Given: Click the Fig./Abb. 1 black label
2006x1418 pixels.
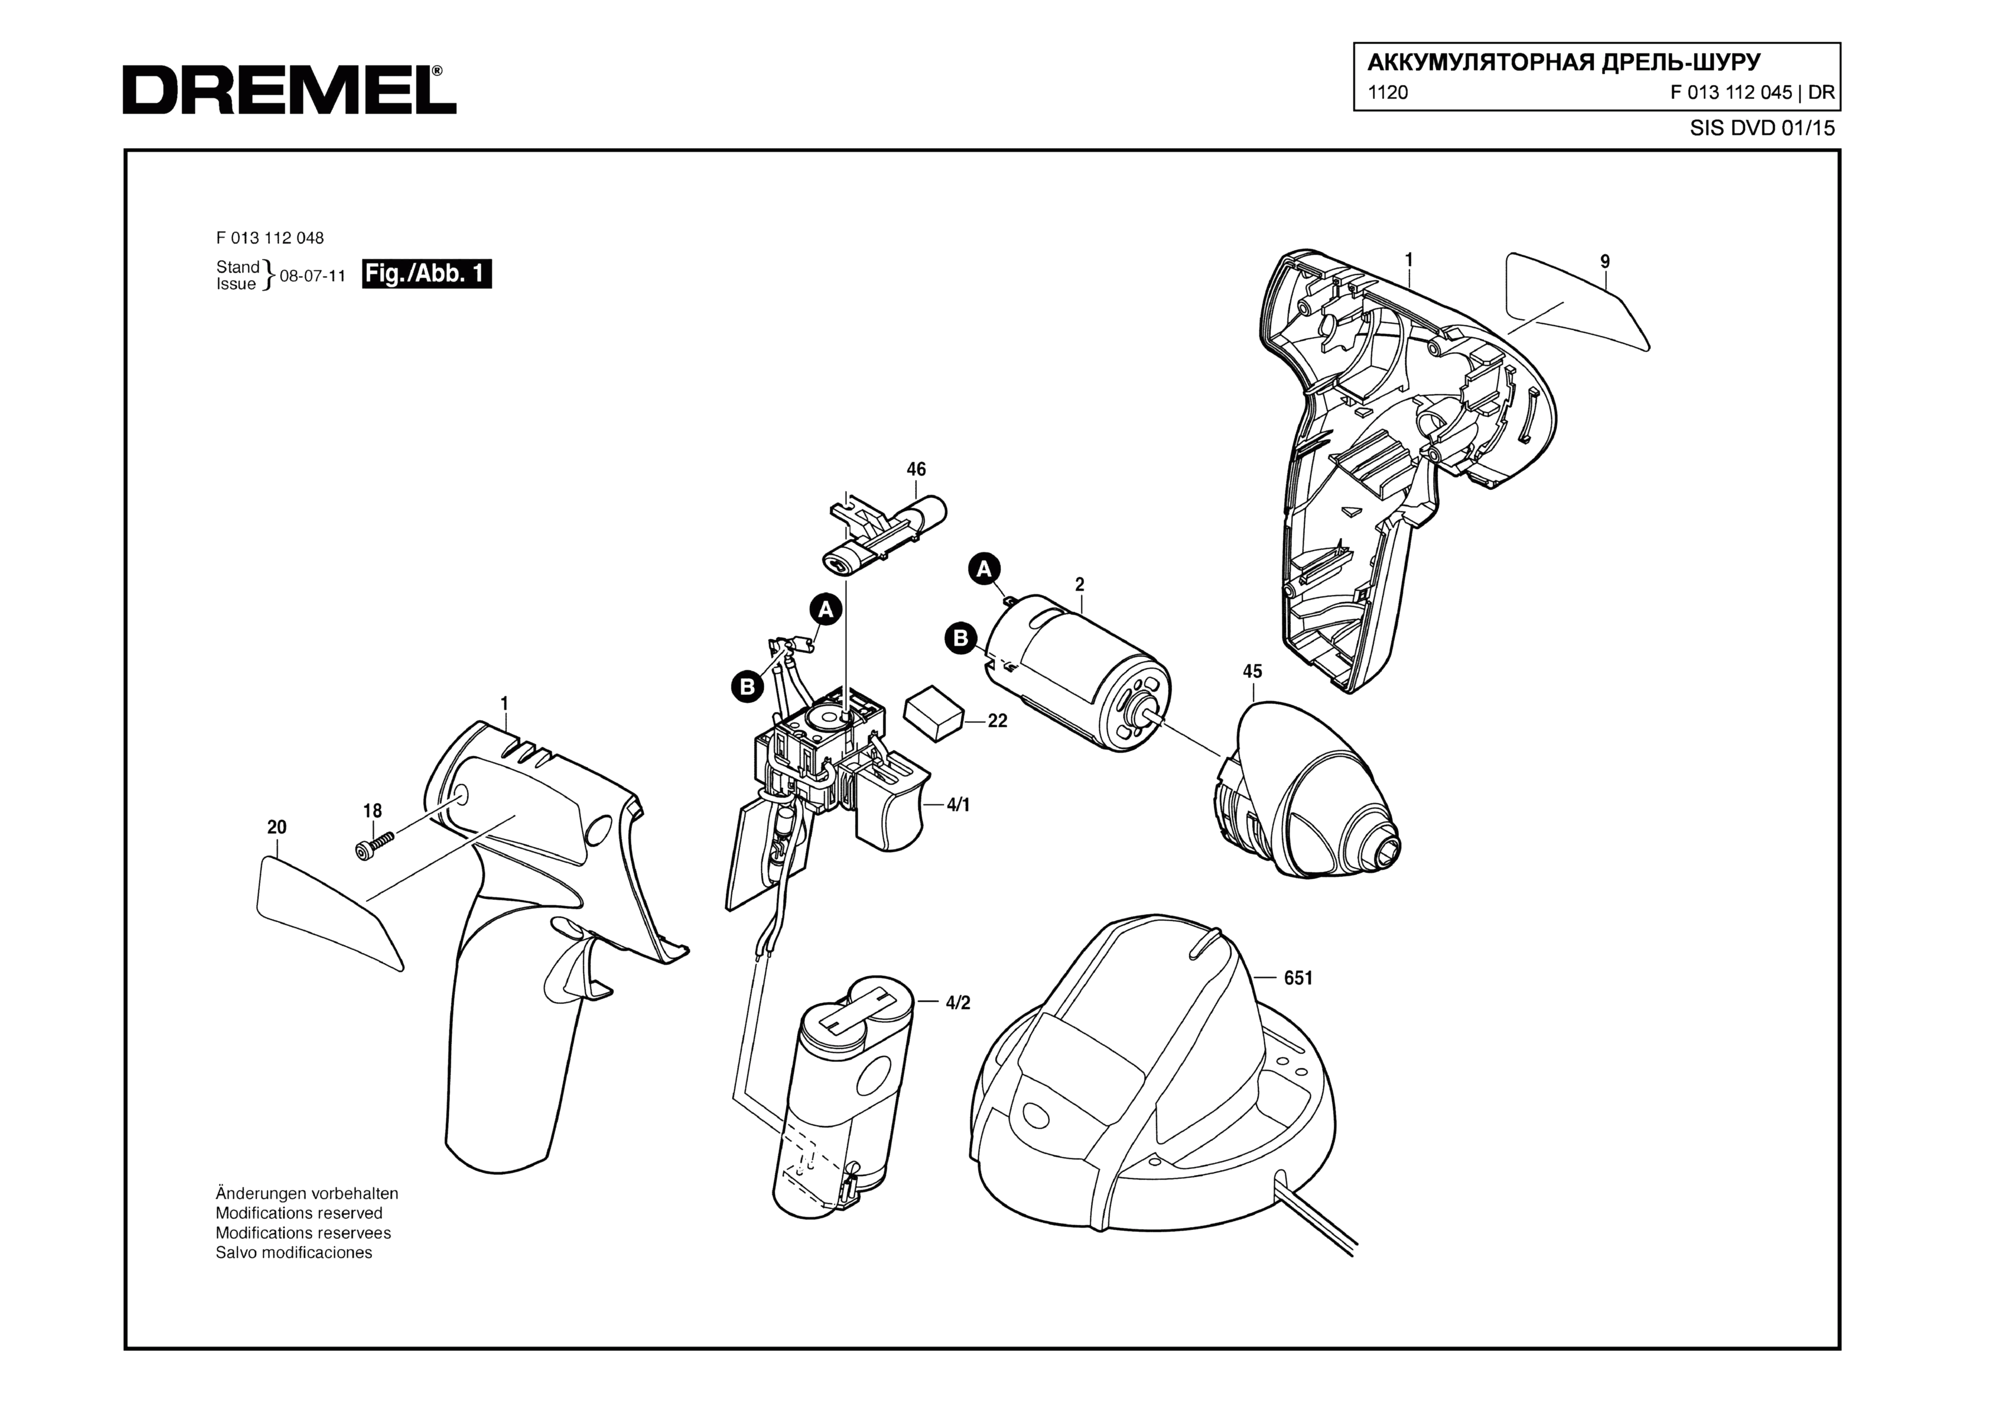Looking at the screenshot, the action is coord(426,274).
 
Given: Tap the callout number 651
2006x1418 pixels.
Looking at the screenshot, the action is coord(1298,978).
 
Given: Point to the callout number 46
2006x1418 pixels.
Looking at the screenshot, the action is coord(916,469).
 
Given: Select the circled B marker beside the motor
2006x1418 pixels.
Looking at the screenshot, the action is coord(960,638).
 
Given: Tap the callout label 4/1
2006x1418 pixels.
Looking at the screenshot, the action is coord(959,805).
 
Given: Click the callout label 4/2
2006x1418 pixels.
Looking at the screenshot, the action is coord(959,1003).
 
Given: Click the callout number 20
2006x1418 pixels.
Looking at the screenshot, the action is coord(277,826).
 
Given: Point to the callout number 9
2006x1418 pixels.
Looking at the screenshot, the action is coord(1605,261).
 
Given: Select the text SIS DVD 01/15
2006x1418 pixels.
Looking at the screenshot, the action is coord(1762,128).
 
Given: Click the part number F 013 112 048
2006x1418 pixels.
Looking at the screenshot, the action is coord(270,237).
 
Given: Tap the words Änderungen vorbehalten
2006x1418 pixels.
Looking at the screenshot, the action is coord(307,1194).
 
